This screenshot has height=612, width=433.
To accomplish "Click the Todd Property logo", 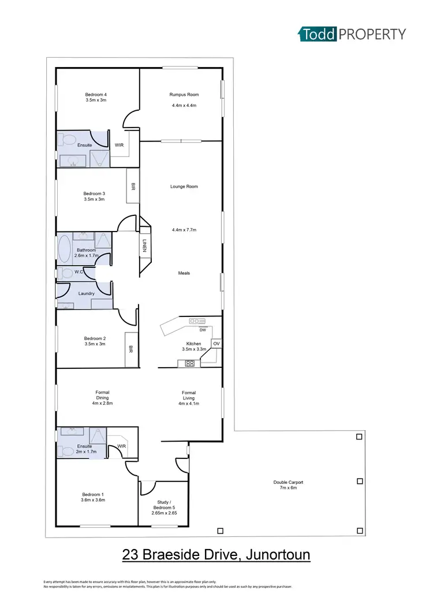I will (352, 34).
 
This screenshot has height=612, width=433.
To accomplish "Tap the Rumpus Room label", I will (184, 94).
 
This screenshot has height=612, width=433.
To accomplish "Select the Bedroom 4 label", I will (96, 94).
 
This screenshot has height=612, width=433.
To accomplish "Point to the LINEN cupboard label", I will (145, 246).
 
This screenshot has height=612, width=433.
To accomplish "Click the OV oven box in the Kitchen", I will (216, 344).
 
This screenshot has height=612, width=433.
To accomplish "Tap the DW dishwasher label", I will (202, 330).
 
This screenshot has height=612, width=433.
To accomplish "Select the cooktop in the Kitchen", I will (189, 363).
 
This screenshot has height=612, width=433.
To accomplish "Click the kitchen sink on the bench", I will (197, 321).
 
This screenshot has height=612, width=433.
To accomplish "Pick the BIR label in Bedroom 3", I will (133, 187).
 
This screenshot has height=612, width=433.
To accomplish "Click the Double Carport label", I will (288, 482).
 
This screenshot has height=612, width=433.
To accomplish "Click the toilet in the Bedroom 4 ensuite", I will (66, 139).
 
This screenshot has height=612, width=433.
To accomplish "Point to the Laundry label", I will (86, 293).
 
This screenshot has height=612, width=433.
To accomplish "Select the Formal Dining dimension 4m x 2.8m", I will (102, 404).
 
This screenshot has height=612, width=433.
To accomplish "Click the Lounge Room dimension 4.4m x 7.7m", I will (184, 230).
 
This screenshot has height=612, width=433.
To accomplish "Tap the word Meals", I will (184, 273).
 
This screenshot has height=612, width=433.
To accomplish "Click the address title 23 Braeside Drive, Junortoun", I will (216, 555).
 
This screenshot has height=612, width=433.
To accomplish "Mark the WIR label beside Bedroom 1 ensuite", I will (122, 446).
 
